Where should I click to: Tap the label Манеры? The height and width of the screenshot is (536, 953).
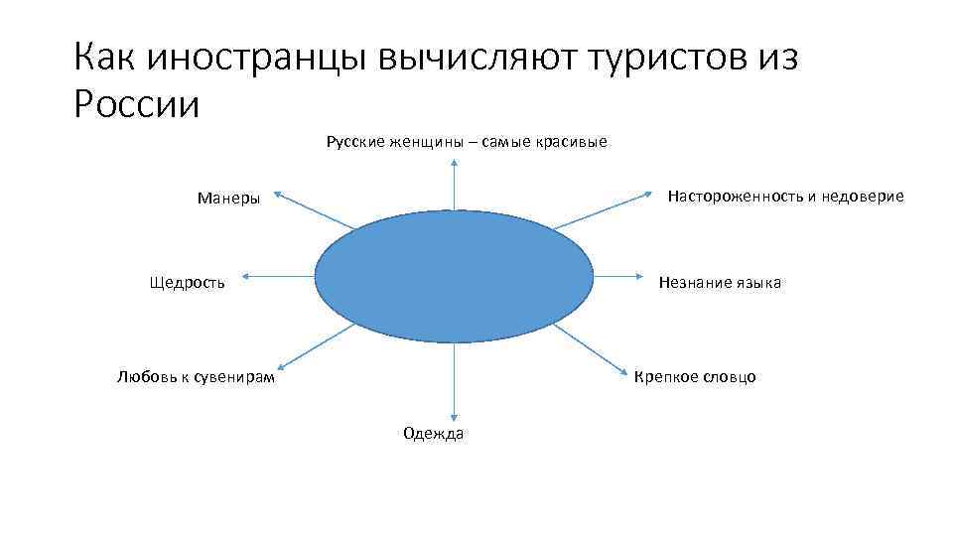click(x=228, y=198)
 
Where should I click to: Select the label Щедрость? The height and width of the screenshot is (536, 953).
click(x=187, y=283)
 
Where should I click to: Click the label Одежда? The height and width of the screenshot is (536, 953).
click(x=433, y=433)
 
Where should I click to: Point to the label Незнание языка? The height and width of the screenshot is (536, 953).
click(x=720, y=283)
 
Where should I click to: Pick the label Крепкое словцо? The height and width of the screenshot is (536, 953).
click(x=695, y=376)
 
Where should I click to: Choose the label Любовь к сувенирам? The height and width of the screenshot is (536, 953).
click(x=196, y=376)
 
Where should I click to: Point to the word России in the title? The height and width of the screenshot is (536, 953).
click(x=137, y=103)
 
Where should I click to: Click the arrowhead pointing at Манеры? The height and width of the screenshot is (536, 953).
click(x=278, y=194)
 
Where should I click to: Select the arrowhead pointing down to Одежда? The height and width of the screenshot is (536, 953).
click(x=454, y=417)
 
